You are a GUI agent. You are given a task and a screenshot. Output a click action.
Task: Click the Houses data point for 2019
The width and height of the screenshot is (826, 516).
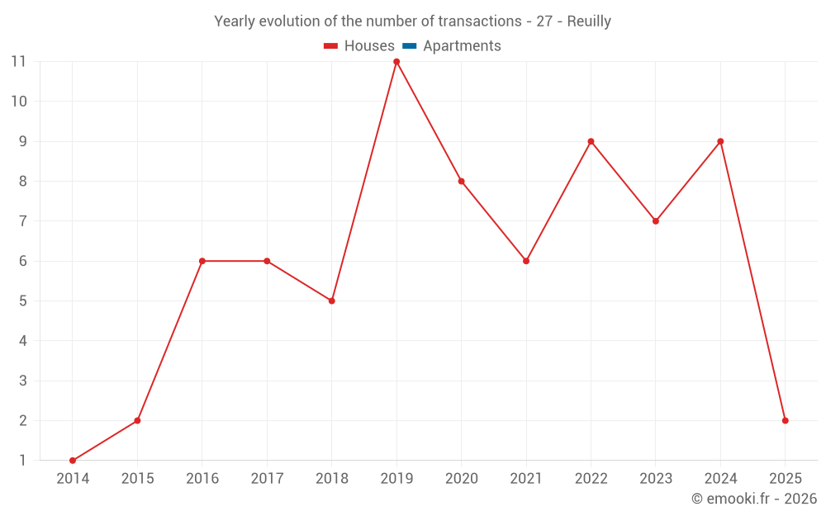click(396, 62)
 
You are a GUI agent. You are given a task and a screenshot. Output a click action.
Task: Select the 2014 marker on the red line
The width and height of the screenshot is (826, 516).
click(73, 461)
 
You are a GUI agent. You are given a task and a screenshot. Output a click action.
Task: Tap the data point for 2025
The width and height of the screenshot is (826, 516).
click(785, 420)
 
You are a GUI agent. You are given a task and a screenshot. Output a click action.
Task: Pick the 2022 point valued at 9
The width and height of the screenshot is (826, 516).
click(591, 141)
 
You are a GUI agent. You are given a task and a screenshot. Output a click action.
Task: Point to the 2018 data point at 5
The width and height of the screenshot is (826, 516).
click(332, 301)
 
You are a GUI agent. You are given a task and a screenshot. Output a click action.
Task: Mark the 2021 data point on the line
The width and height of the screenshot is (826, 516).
click(526, 261)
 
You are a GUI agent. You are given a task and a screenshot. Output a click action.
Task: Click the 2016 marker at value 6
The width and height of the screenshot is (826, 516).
click(202, 261)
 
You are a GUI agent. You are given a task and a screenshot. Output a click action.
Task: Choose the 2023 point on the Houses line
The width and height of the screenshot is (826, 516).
click(656, 221)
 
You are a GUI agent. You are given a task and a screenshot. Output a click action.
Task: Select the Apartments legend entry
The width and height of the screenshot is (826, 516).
click(462, 46)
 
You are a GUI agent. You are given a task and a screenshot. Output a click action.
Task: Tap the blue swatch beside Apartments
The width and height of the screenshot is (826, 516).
click(410, 46)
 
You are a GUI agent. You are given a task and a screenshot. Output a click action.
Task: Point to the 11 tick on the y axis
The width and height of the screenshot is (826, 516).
click(18, 62)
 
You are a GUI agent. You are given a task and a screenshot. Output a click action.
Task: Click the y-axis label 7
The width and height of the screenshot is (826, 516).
click(23, 221)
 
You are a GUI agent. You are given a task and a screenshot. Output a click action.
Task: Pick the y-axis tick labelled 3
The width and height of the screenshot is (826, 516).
click(23, 381)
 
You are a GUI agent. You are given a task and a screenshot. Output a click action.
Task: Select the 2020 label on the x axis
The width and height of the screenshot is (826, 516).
click(461, 478)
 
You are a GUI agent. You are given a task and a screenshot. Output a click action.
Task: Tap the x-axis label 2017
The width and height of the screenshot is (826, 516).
click(267, 478)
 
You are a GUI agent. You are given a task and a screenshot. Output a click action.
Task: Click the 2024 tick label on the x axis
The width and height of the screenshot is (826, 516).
click(720, 478)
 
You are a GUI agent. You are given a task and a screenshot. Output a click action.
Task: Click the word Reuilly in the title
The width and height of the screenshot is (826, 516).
click(589, 21)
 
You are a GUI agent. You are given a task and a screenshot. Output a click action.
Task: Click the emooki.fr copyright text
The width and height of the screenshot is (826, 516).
click(754, 499)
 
